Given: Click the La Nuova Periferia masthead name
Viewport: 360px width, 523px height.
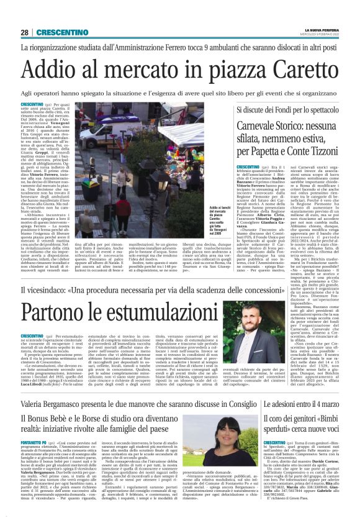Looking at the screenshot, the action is click(322, 30).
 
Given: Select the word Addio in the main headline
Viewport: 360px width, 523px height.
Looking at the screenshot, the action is click(61, 66).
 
